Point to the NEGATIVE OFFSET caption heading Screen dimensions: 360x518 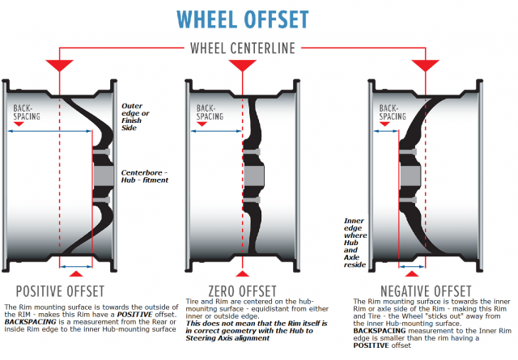point(423,290)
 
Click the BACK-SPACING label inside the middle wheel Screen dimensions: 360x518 point(206,111)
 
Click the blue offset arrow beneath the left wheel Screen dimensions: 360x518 point(77,264)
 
